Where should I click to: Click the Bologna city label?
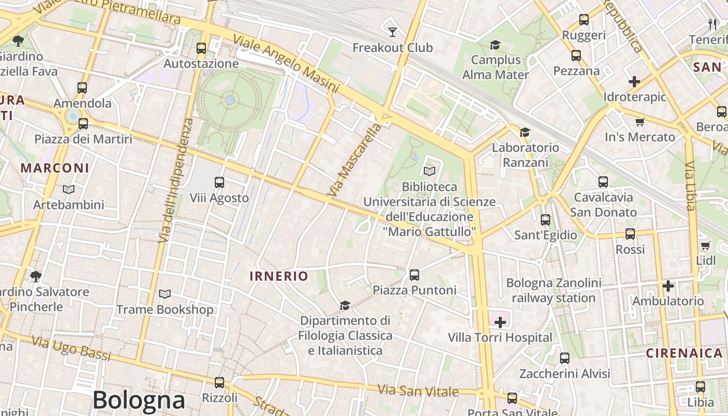point(139,400)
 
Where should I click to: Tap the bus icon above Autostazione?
point(201,48)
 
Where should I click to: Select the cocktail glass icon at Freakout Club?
point(393,32)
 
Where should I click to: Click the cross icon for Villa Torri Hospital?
point(500,322)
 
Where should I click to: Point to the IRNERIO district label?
point(279,276)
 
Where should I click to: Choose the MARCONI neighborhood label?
point(55,168)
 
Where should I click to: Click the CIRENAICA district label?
point(684,353)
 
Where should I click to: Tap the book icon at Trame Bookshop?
point(165,294)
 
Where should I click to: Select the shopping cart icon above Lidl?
point(705,245)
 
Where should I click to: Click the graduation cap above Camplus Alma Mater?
point(495,45)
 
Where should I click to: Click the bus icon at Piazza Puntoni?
point(414,275)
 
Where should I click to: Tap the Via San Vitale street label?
point(418,391)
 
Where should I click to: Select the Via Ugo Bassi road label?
point(71,348)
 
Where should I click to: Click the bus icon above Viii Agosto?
point(219,183)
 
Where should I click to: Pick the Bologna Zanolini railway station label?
point(554,291)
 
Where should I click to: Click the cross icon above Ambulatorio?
point(668,286)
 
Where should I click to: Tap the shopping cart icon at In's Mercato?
point(640,122)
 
